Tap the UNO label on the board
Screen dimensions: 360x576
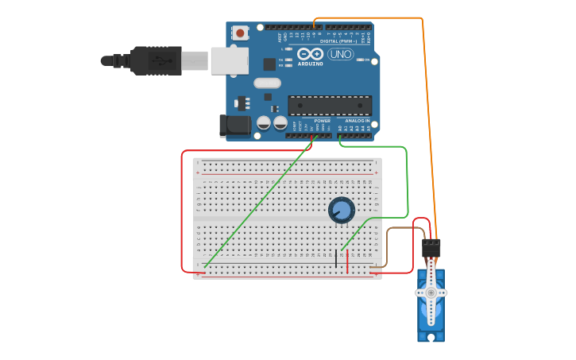341,54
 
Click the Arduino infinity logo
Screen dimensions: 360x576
311,54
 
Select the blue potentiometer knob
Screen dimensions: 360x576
342,210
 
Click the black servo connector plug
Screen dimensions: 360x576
431,247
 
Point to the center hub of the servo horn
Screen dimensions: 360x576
431,292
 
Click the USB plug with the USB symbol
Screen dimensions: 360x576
157,60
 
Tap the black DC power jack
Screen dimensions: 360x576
234,125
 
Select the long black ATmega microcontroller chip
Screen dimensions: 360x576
330,105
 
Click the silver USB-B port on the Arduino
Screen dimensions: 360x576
229,60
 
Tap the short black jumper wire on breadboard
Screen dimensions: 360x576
336,258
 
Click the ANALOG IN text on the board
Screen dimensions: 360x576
357,120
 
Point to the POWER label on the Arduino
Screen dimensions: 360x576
311,121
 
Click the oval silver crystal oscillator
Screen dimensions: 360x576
268,83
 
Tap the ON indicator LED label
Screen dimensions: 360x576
366,60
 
